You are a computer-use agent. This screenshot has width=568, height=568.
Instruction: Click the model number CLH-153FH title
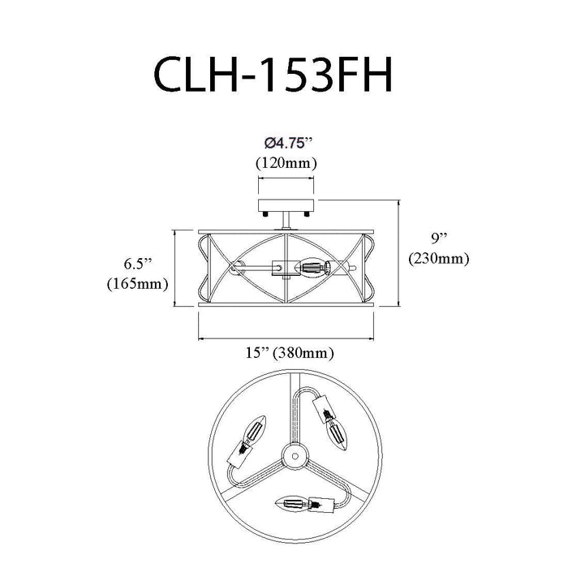point(273,75)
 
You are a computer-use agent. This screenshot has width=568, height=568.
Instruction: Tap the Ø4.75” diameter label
point(288,144)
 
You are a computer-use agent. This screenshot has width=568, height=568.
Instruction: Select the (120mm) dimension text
point(286,163)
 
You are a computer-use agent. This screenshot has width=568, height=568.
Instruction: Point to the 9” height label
point(439,239)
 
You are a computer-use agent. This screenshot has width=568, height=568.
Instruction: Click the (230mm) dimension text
point(439,259)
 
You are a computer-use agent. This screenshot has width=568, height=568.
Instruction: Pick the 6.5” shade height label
point(138,264)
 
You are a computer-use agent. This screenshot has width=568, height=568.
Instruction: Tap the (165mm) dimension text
point(138,284)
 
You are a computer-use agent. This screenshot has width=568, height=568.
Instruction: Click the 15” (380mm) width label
point(290,352)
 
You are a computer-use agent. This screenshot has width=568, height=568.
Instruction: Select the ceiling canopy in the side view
point(286,205)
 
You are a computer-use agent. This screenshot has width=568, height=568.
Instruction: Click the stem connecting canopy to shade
point(286,221)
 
